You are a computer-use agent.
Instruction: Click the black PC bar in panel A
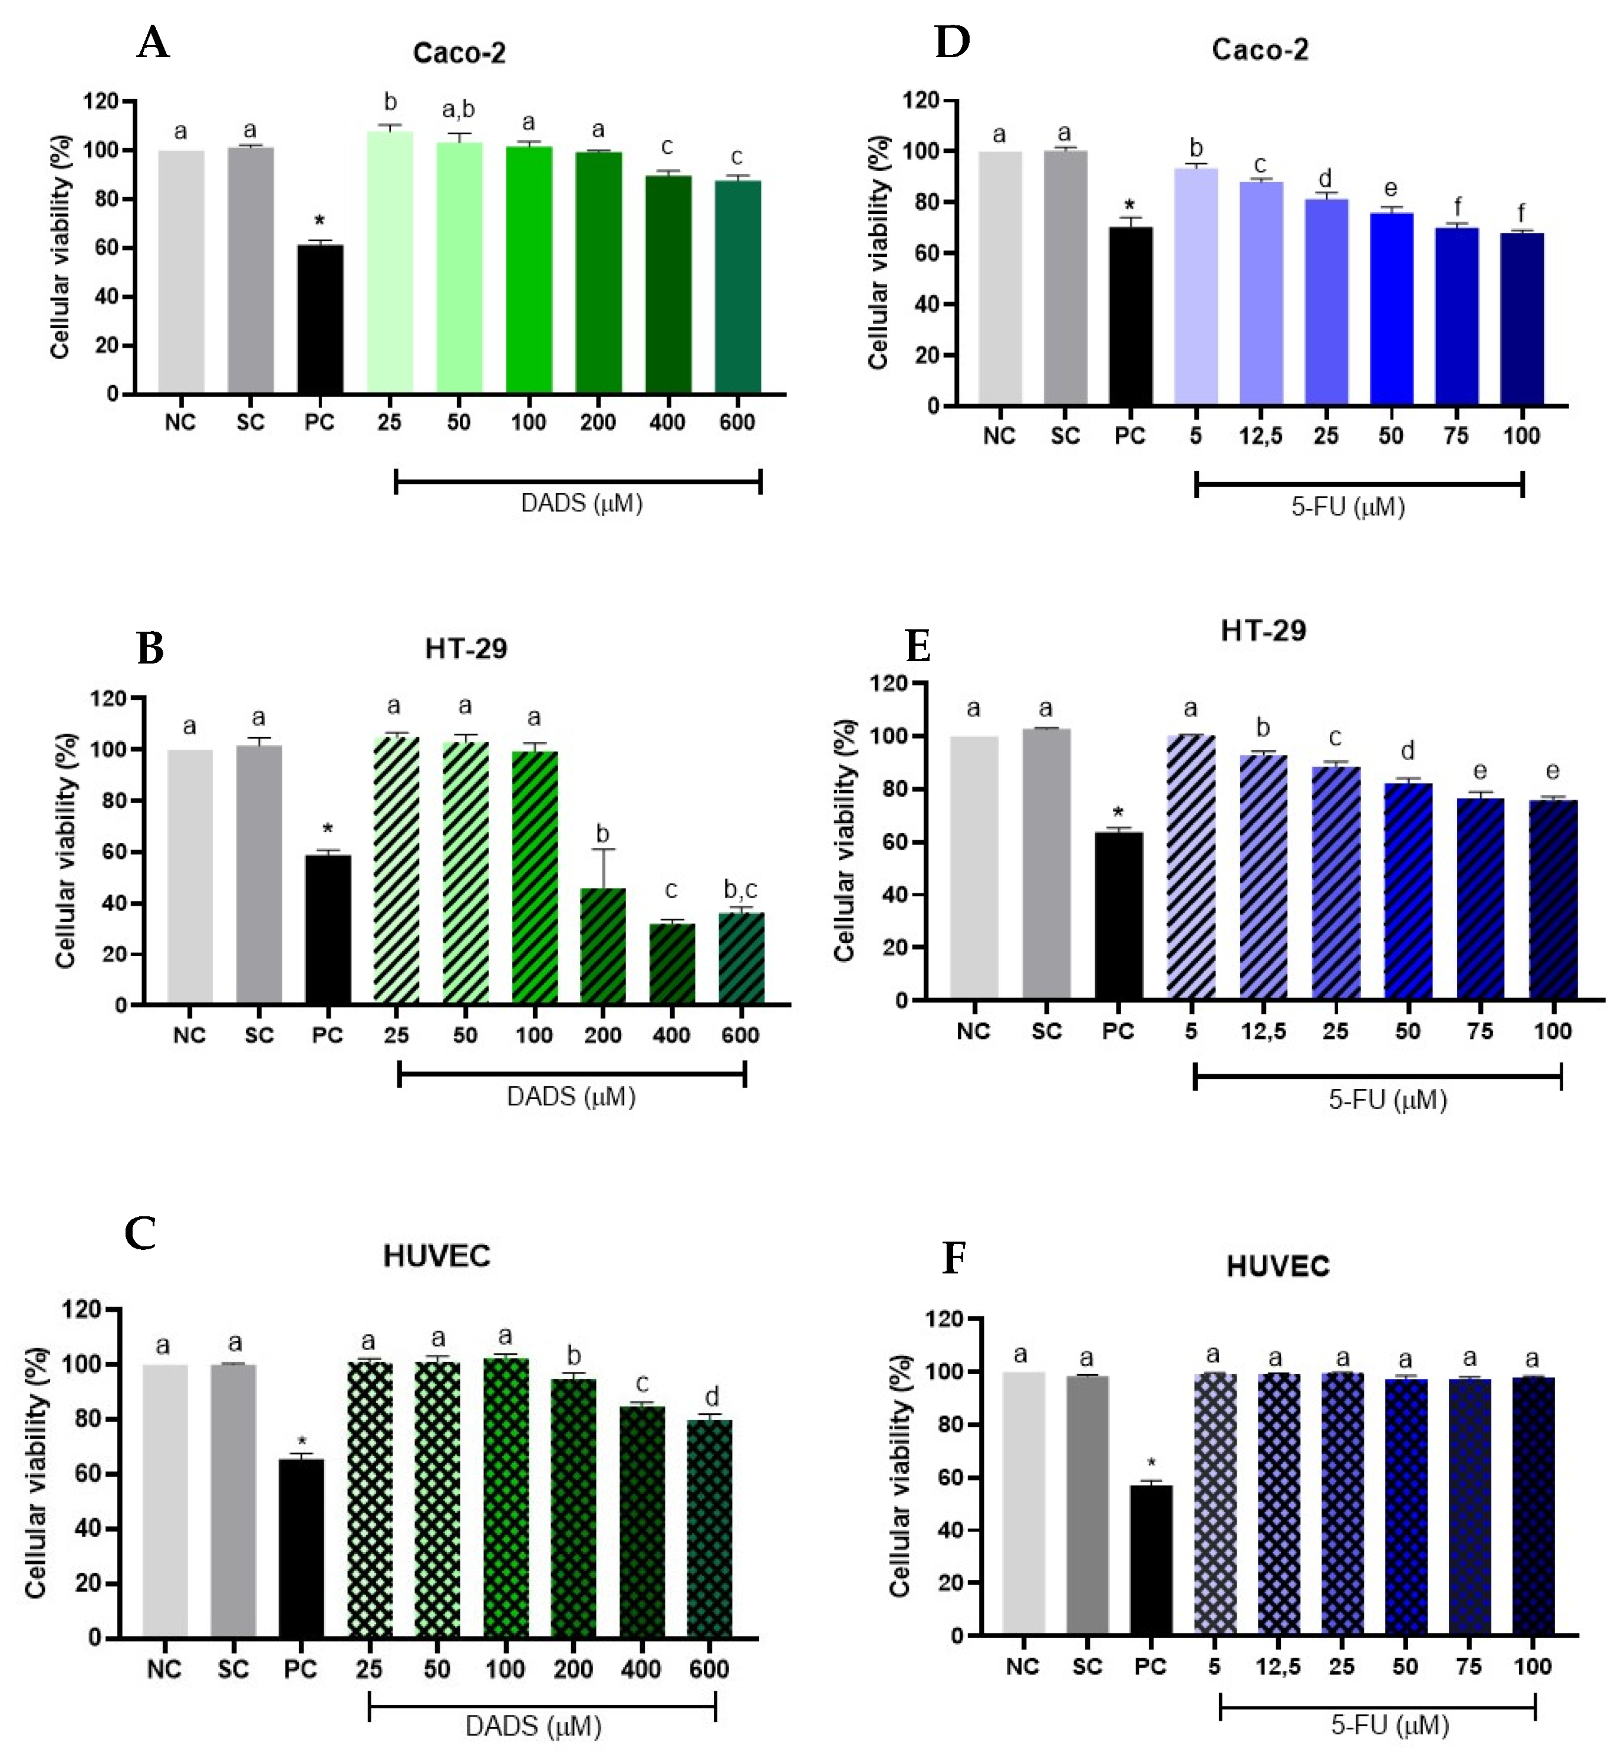320,319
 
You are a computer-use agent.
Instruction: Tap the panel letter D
952,41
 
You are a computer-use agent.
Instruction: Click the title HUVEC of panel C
436,1256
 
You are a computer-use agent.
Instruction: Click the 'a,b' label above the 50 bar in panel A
459,110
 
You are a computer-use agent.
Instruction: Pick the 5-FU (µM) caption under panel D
1347,507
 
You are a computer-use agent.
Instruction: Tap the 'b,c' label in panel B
740,890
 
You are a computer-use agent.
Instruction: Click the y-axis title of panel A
60,247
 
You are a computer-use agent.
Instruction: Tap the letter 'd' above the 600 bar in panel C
711,1396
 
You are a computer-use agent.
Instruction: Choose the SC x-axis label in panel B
259,1035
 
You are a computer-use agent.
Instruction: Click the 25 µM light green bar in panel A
390,263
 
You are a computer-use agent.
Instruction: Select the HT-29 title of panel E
1263,631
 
